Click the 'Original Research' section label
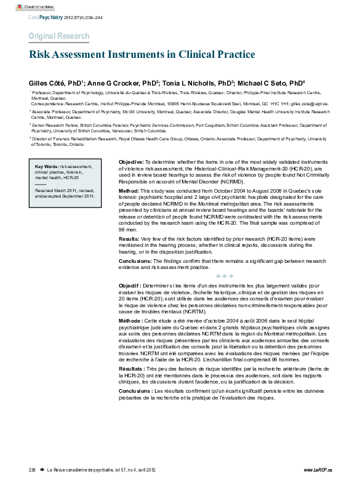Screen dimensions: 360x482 pos(59,36)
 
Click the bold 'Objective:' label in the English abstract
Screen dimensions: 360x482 pos(131,161)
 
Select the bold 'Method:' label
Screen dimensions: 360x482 pos(129,191)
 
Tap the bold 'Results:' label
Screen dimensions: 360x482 pos(129,238)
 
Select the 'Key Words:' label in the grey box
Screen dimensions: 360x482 pos(47,167)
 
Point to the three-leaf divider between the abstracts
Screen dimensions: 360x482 pos(223,276)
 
